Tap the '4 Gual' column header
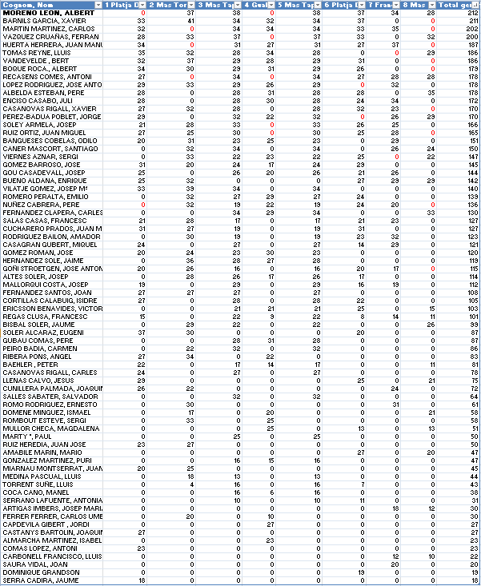coord(256,5)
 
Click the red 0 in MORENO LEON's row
coord(143,14)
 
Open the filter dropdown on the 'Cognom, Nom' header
coord(98,5)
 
